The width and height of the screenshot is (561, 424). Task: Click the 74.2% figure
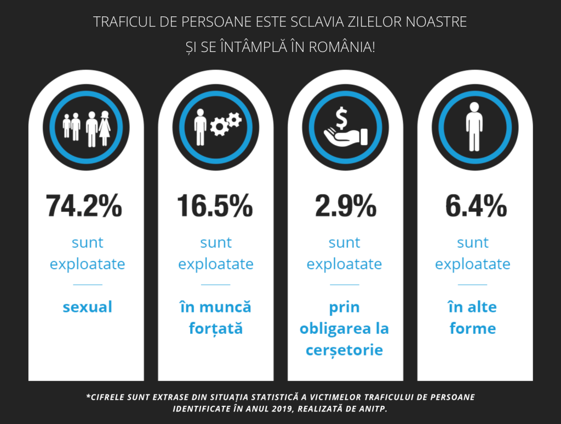click(x=84, y=206)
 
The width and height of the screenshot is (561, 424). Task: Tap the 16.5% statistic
click(x=215, y=206)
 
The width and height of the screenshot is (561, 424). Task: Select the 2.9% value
click(x=345, y=206)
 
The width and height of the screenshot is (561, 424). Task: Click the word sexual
click(x=88, y=307)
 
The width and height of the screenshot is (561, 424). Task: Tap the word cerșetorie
click(x=345, y=350)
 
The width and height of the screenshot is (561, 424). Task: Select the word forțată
click(x=216, y=329)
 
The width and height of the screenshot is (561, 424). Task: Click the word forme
click(x=473, y=329)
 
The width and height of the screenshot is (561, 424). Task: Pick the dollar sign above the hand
click(x=342, y=117)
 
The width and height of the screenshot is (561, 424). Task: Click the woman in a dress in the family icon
click(x=104, y=129)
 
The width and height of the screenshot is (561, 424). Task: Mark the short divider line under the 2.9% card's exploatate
click(x=345, y=284)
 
